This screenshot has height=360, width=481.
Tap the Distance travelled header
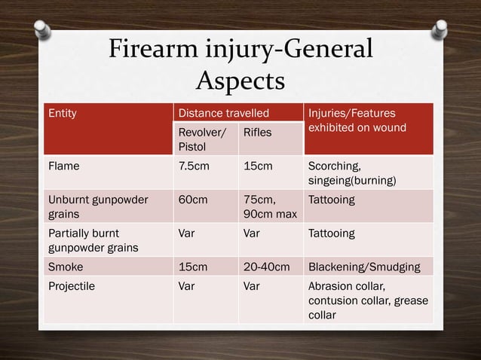point(222,114)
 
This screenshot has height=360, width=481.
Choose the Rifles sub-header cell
point(257,132)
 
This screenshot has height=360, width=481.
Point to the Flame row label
point(64,166)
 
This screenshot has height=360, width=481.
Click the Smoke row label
point(66,266)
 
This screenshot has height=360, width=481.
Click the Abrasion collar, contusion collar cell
point(367,301)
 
